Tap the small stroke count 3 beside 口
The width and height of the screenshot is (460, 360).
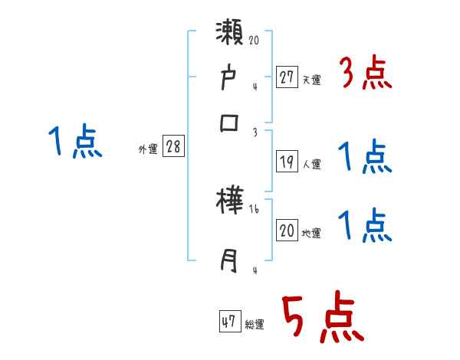click(255, 131)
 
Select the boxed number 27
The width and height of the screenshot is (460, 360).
click(287, 77)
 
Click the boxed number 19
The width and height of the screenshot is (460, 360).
click(287, 162)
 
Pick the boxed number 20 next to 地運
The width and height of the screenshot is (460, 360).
click(287, 231)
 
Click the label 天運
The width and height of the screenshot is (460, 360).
click(312, 79)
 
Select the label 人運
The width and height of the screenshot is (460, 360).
click(312, 164)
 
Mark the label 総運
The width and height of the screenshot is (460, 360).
click(255, 325)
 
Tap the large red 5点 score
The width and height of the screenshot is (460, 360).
click(322, 317)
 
